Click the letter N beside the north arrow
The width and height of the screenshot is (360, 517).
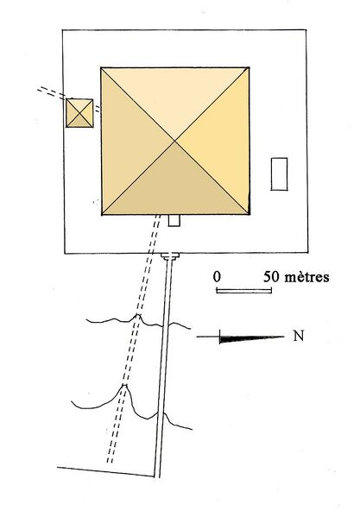click(299, 336)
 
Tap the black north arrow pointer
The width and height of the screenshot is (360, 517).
click(251, 338)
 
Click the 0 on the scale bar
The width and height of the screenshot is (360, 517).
click(217, 277)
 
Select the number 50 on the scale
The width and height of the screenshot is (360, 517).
click(271, 277)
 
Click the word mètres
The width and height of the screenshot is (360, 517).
click(306, 277)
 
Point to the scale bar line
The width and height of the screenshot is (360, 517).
click(244, 290)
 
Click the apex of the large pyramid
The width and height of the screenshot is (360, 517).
click(174, 142)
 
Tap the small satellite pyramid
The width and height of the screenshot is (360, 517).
click(79, 113)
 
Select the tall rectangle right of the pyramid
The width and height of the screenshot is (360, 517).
click(279, 174)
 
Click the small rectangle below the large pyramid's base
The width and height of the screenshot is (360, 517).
click(174, 221)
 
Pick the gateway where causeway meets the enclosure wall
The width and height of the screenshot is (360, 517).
click(170, 256)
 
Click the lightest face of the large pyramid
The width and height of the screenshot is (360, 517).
click(174, 99)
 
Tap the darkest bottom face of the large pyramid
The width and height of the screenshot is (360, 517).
click(174, 185)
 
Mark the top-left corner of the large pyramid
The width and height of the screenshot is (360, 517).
click(101, 68)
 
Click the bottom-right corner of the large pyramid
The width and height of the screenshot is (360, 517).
click(249, 214)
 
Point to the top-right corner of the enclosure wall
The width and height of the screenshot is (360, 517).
click(306, 30)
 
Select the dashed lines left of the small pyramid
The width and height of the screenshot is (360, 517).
click(51, 92)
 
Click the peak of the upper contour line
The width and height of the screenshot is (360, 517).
click(138, 315)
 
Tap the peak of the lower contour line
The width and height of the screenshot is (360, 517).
click(124, 385)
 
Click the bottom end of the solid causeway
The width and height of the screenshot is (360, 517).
click(157, 476)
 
